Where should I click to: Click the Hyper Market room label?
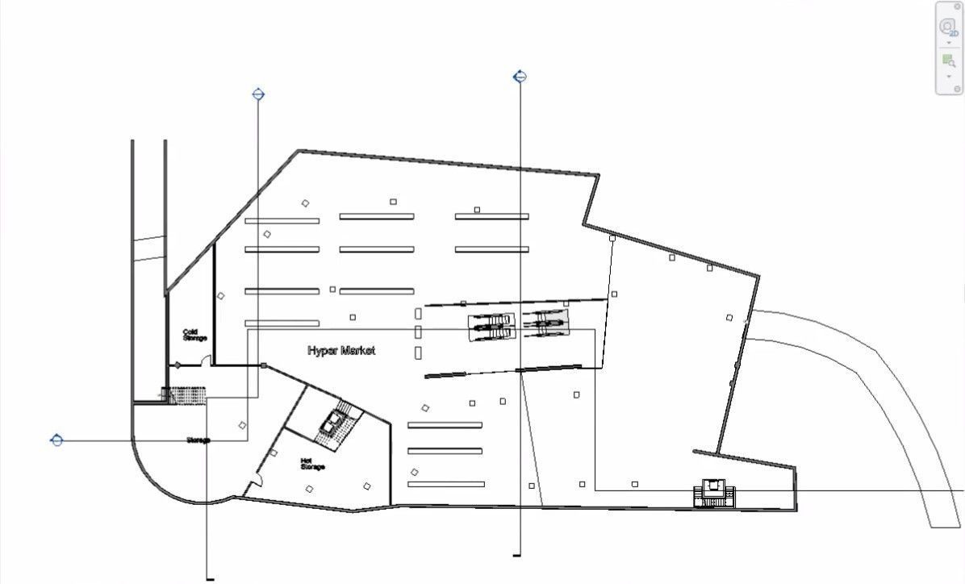pos(341,351)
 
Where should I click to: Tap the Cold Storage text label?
pos(194,335)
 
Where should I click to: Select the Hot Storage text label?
pos(312,464)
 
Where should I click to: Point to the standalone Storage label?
pos(198,440)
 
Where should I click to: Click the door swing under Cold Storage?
pos(205,361)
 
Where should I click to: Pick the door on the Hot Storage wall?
pos(255,482)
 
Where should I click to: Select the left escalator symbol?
pos(491,327)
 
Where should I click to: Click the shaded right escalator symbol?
pos(545,324)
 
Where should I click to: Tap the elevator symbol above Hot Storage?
pos(332,421)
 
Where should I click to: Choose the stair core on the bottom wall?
pos(715,493)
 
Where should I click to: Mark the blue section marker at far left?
pos(56,440)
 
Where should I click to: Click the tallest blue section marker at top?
pos(520,77)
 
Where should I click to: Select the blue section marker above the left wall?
pos(258,94)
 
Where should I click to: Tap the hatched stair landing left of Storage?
pos(185,395)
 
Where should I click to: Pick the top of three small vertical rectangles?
pos(418,313)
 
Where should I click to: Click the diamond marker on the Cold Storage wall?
pos(178,365)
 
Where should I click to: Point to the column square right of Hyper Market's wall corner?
pos(264,366)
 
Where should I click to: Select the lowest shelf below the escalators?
pos(445,484)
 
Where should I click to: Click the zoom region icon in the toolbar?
pos(948,60)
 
